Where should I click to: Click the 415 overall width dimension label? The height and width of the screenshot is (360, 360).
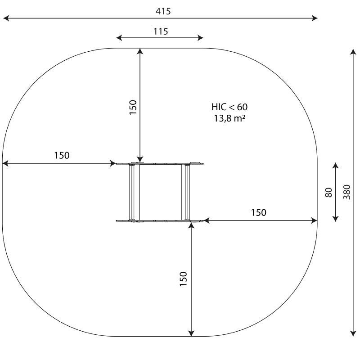pyautogui.click(x=163, y=11)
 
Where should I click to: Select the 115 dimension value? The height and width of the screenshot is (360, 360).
pyautogui.click(x=161, y=31)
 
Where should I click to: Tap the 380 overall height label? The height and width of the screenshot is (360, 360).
pyautogui.click(x=347, y=192)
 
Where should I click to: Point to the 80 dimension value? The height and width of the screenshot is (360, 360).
pyautogui.click(x=329, y=193)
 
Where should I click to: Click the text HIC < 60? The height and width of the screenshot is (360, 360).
pyautogui.click(x=229, y=107)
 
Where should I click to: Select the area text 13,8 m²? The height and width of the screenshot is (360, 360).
pyautogui.click(x=229, y=118)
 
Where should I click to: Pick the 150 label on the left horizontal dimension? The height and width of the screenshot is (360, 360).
pyautogui.click(x=62, y=155)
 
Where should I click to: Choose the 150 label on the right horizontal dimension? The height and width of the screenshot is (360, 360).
pyautogui.click(x=258, y=212)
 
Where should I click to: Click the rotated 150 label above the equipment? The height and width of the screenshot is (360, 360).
pyautogui.click(x=133, y=107)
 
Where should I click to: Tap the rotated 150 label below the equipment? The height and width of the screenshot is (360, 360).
pyautogui.click(x=184, y=279)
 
